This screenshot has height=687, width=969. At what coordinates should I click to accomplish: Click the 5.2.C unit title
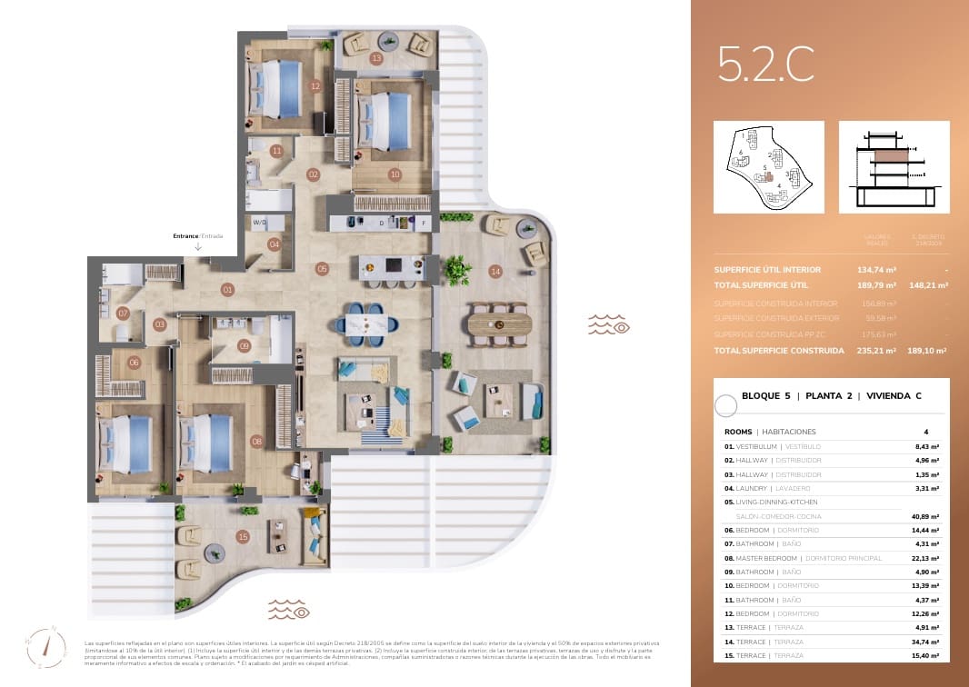pos(765,65)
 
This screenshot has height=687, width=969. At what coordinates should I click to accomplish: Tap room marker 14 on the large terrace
pos(494,271)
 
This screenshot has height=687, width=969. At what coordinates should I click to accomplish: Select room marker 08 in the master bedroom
pos(256,442)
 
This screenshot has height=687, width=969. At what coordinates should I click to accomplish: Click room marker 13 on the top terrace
pos(376,59)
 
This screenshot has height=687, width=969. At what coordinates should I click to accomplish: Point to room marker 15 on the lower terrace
pos(243,537)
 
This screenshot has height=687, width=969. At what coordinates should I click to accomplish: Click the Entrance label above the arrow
pos(185,236)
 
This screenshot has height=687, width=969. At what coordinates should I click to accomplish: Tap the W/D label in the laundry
pos(259,222)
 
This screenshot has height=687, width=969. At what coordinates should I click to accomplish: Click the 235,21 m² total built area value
pos(878,350)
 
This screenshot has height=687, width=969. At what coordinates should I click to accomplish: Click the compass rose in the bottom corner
pos(53,647)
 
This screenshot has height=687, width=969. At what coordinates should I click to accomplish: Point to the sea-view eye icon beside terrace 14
pos(608,324)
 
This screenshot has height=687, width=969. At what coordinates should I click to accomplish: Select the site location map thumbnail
pos(768,167)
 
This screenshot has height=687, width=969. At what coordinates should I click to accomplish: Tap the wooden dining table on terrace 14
pos(499,323)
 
